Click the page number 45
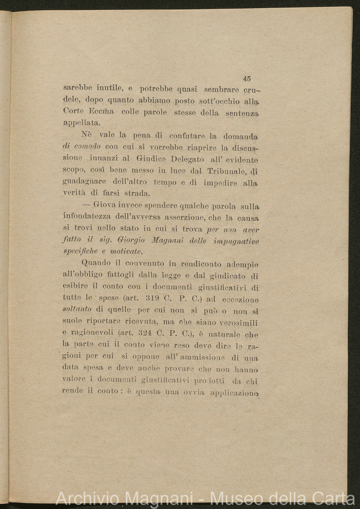click(x=247, y=78)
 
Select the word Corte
click(x=73, y=113)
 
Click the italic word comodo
click(x=87, y=147)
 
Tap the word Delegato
click(x=187, y=159)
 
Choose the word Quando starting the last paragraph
click(x=96, y=263)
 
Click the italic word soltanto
click(x=77, y=310)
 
